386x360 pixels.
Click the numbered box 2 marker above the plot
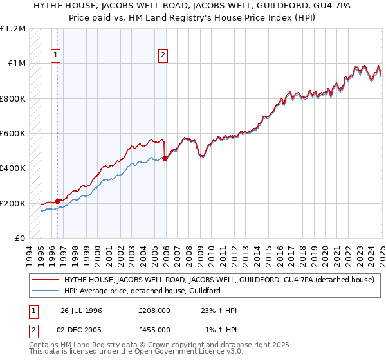pos(163,56)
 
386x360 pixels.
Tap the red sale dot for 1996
pos(57,201)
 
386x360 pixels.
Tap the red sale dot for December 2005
pos(165,158)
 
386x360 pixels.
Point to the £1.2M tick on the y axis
pos(12,29)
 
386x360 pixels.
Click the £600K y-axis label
pos(12,134)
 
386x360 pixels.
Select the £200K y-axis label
pos(12,203)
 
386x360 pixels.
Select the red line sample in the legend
pos(44,280)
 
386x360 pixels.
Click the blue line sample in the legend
pos(44,291)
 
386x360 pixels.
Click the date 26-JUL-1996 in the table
pos(81,310)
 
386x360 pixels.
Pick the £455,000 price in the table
pos(154,330)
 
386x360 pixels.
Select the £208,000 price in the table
pos(154,310)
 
